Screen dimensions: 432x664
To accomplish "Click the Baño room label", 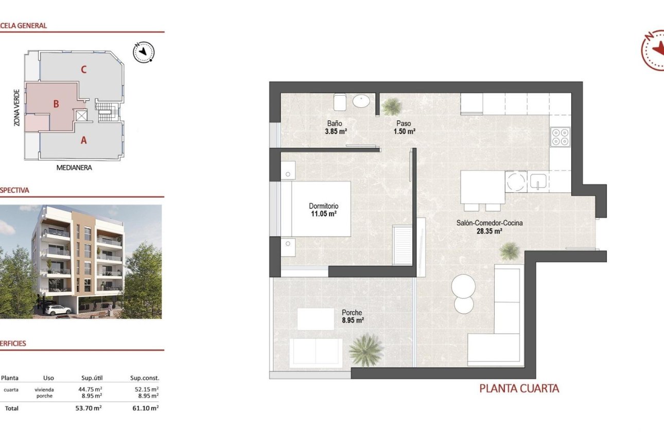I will pos(335,123).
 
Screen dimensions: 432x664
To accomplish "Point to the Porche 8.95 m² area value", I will pos(353,320).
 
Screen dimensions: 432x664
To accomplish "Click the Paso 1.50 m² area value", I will pos(404,132).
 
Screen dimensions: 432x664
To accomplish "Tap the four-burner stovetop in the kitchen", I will pos(560,137).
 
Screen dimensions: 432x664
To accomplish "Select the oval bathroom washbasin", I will pos(361,101).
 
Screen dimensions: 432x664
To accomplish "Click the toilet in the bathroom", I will pos(340,102).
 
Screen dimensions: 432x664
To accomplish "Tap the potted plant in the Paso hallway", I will pos(392,106).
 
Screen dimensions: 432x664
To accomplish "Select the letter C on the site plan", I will pos(83,69).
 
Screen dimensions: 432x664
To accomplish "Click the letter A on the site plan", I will pos(83,139).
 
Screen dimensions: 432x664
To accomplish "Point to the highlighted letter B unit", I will pos(56,104).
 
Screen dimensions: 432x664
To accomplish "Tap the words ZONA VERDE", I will pos(17,108).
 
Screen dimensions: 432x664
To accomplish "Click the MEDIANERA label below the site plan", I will pos(73,168).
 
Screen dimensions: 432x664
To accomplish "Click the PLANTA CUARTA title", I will pos(519,388).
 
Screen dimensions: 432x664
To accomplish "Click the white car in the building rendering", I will pos(58,310).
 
